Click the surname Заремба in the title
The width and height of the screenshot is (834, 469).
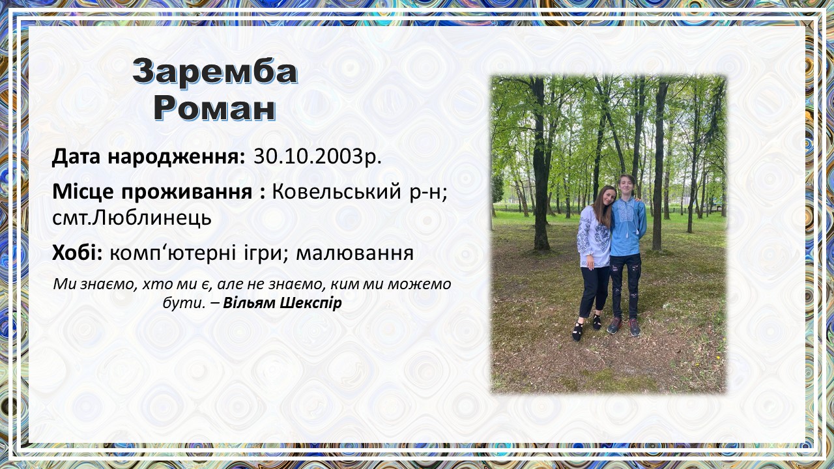click(x=215, y=72)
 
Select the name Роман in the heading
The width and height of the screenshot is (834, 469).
click(x=215, y=108)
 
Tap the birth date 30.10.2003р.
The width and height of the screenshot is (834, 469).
click(x=317, y=157)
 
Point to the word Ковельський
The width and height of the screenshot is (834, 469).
click(x=337, y=192)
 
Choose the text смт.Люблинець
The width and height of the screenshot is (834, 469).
click(x=132, y=218)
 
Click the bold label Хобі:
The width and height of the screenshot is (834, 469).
click(x=78, y=253)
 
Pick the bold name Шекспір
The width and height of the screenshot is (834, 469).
click(x=311, y=304)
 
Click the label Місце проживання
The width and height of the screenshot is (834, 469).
click(x=152, y=192)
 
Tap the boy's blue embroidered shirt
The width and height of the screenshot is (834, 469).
click(x=628, y=227)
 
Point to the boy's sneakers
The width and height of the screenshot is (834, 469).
click(x=624, y=326)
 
